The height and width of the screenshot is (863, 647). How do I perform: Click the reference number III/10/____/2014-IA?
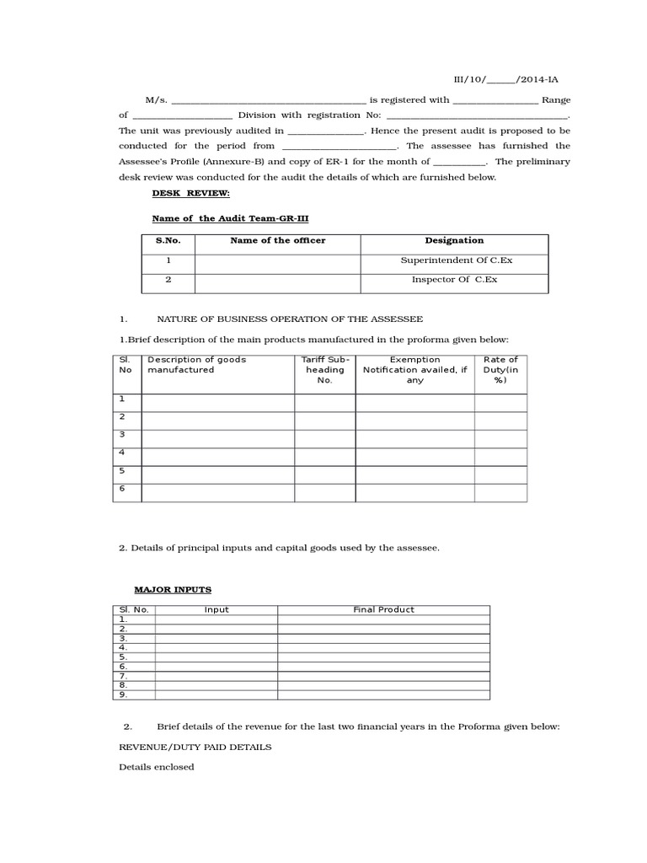pyautogui.click(x=505, y=78)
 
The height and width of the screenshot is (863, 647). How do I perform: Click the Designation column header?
pyautogui.click(x=454, y=241)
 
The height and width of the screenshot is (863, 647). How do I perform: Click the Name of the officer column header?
pyautogui.click(x=277, y=241)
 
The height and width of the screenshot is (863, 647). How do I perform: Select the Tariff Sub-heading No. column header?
pyautogui.click(x=324, y=370)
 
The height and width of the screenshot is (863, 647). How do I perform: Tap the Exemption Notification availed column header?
pyautogui.click(x=414, y=370)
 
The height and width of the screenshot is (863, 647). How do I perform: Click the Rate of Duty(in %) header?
pyautogui.click(x=500, y=370)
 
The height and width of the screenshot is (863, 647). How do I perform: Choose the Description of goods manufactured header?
pyautogui.click(x=196, y=365)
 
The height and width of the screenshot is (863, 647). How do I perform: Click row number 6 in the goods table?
pyautogui.click(x=123, y=489)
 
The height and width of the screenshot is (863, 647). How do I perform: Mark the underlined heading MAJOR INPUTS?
pyautogui.click(x=173, y=589)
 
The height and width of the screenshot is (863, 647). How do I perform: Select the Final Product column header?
pyautogui.click(x=383, y=609)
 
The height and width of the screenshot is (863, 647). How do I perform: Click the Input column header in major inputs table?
pyautogui.click(x=217, y=609)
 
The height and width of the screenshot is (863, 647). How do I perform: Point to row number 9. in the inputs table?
pyautogui.click(x=123, y=694)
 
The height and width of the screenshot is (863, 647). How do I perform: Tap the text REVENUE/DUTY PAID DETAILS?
pyautogui.click(x=195, y=748)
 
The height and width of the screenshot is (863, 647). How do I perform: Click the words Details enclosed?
pyautogui.click(x=156, y=767)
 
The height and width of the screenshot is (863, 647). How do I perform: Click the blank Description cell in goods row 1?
pyautogui.click(x=217, y=402)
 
